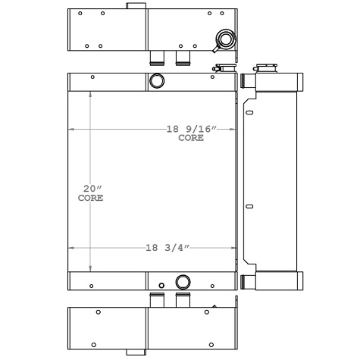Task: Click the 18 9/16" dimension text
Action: tap(191, 129)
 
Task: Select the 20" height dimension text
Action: tap(91, 188)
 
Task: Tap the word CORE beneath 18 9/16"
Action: tap(191, 139)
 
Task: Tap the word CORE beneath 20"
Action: tap(91, 198)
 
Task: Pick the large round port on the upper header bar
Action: tap(156, 81)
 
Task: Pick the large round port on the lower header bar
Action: tap(183, 281)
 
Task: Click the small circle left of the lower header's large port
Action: tap(161, 285)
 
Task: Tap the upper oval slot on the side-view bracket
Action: tap(249, 112)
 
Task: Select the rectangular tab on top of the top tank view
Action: tap(136, 6)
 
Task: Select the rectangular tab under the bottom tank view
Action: tap(136, 350)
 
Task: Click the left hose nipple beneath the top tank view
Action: tap(158, 58)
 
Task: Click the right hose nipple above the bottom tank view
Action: tap(182, 301)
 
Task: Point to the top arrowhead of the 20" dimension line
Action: tap(91, 94)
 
